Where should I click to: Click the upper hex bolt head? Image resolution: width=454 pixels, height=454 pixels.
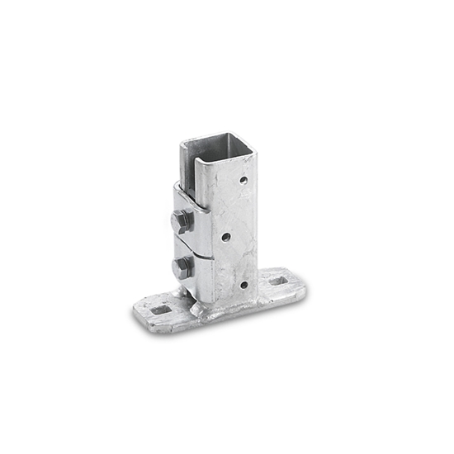[x=182, y=220]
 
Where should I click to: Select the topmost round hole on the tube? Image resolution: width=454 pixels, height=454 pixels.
[x=243, y=179]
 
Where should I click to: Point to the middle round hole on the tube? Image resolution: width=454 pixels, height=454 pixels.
[x=225, y=236]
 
